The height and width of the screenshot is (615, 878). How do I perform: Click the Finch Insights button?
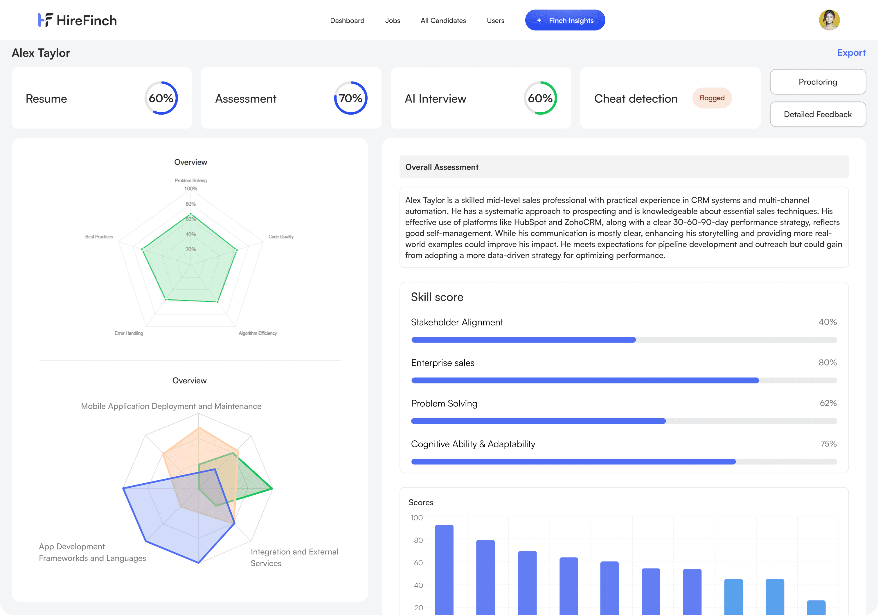[x=565, y=20]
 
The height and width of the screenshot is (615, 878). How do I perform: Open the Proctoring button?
[x=818, y=82]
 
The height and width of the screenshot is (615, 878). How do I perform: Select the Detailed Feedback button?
[x=818, y=114]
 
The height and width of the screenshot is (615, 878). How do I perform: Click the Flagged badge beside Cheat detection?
[x=712, y=98]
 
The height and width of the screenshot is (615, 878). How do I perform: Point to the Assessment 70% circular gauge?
[x=351, y=98]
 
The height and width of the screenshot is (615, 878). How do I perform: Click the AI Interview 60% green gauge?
[x=540, y=98]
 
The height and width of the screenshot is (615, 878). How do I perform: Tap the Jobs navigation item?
[x=392, y=21]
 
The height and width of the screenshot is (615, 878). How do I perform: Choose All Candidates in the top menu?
[x=443, y=21]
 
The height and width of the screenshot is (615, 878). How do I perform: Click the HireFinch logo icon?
[x=45, y=20]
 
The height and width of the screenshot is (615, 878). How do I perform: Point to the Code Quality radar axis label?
[x=281, y=237]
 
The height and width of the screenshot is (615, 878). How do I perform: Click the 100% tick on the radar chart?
[x=190, y=189]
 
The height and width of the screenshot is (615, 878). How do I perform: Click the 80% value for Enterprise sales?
[x=827, y=363]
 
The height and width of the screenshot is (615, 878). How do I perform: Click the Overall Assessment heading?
[x=442, y=167]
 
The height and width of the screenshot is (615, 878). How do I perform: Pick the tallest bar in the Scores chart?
[x=444, y=569]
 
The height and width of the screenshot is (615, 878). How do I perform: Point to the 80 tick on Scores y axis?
[x=418, y=540]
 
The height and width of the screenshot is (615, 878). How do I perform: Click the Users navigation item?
[x=495, y=21]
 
